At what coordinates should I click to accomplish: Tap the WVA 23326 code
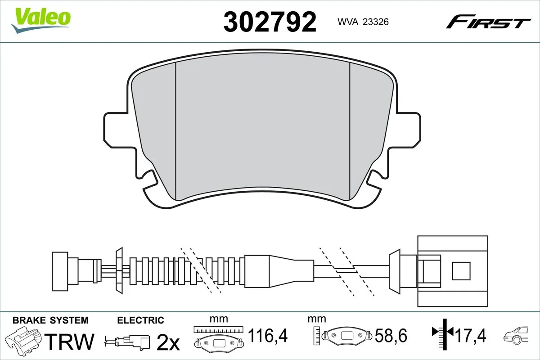click(x=358, y=21)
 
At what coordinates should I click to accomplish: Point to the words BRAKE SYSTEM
click(x=50, y=320)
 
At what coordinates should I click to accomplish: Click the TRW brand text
click(x=71, y=342)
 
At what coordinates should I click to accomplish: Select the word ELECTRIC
click(x=140, y=320)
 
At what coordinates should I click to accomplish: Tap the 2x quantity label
click(x=168, y=343)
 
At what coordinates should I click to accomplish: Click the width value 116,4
click(x=268, y=335)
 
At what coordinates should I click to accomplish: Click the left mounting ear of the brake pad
click(x=118, y=130)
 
